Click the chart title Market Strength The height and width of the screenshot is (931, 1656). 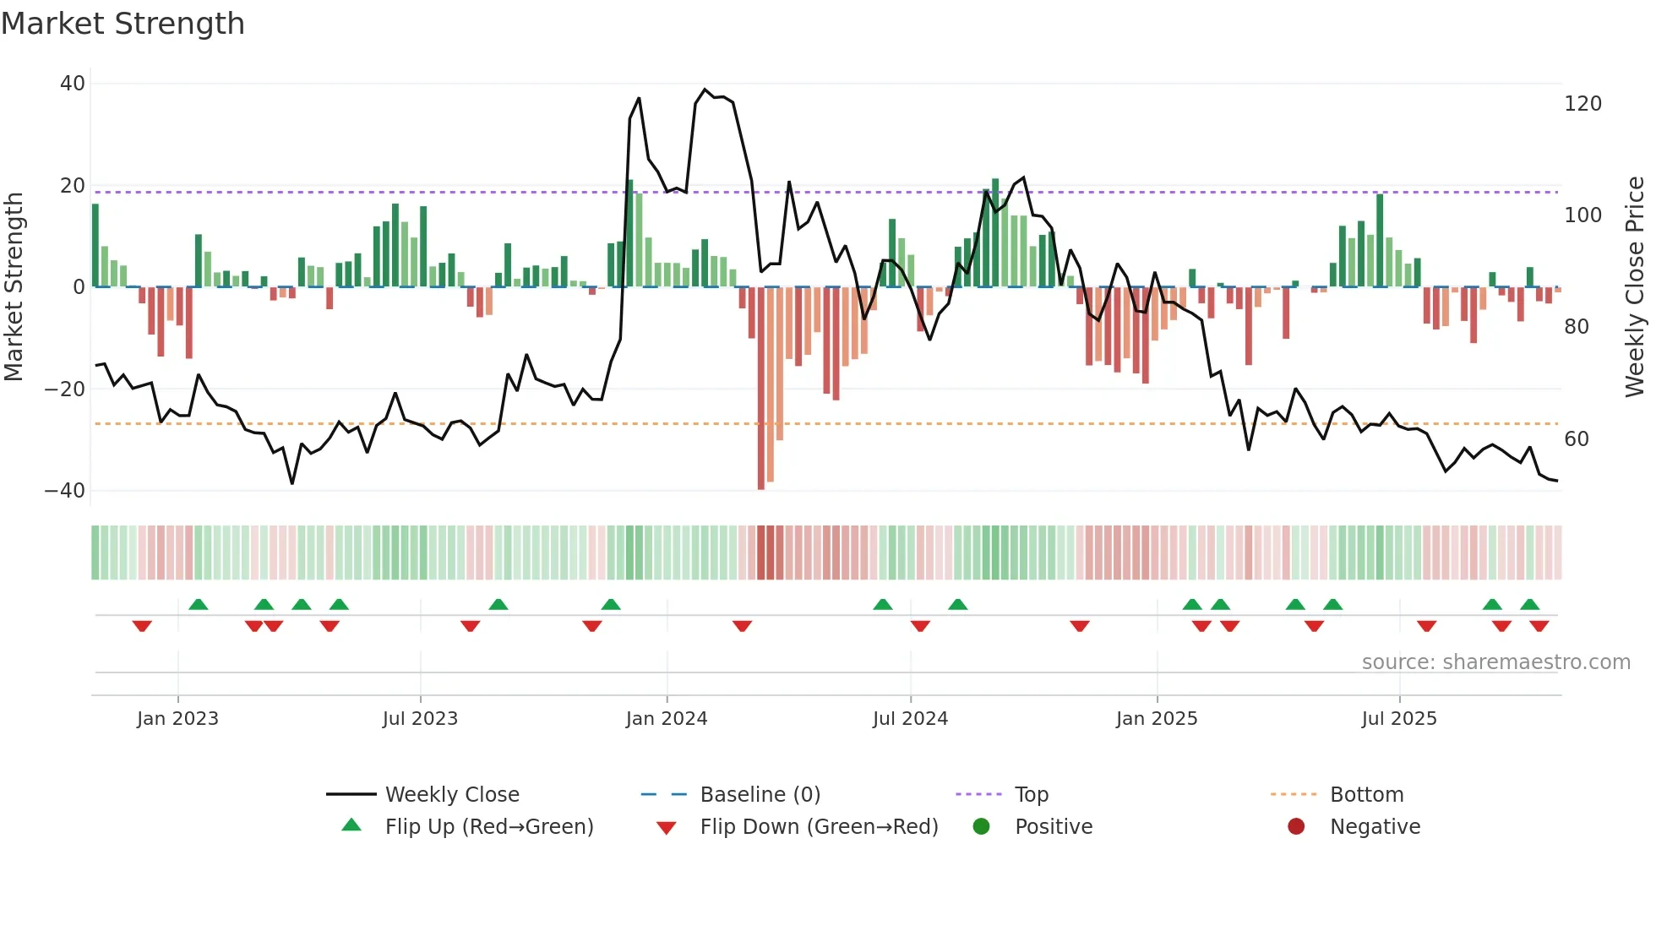pos(123,24)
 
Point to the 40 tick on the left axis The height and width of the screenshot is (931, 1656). pos(73,84)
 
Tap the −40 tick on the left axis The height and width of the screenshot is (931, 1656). pos(65,491)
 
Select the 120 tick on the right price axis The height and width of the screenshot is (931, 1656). pos(1582,104)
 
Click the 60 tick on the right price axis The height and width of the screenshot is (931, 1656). pos(1576,439)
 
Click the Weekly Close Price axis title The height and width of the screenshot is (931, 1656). pos(1635,287)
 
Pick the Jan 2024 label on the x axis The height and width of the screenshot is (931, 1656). pos(666,719)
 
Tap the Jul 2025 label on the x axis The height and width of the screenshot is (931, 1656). pos(1398,719)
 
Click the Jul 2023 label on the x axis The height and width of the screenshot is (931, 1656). pos(420,719)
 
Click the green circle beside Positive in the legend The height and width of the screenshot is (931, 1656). pos(981,826)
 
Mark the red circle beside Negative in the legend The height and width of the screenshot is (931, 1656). pos(1296,826)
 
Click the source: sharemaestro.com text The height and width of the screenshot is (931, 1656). pos(1495,662)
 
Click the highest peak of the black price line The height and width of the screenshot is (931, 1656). pos(705,90)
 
